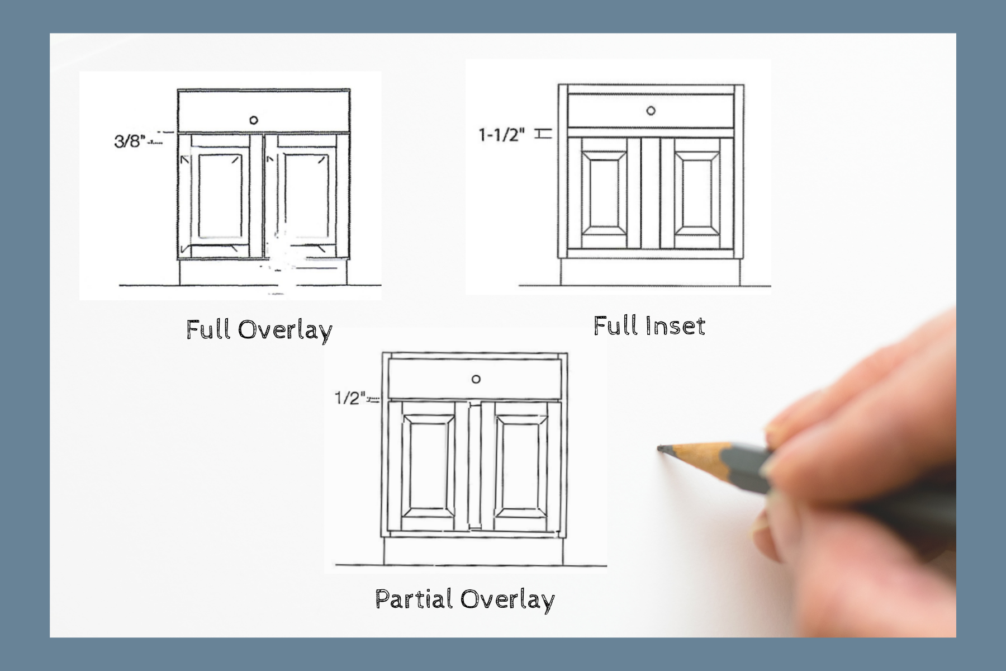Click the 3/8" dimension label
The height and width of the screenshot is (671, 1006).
(129, 140)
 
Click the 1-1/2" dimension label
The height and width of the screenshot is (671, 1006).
(501, 135)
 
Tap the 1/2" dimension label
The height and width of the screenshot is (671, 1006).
(350, 398)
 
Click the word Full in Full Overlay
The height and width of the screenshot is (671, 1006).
(208, 329)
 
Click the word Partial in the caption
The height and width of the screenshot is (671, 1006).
(414, 599)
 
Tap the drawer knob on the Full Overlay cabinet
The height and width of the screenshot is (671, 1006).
(254, 120)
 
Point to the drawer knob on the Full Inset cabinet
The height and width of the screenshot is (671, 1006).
(651, 111)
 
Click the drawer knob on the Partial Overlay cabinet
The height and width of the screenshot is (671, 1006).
(476, 379)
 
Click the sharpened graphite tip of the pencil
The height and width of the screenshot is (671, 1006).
(661, 448)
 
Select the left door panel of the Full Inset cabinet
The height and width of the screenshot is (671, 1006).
(604, 193)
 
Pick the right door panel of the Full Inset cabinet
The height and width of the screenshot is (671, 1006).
(697, 193)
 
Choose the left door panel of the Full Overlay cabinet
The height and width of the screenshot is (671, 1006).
(220, 196)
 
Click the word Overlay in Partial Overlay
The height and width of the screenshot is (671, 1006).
(507, 599)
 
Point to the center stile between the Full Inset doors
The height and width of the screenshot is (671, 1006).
(651, 193)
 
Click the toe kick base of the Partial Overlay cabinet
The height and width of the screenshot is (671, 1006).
(473, 551)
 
